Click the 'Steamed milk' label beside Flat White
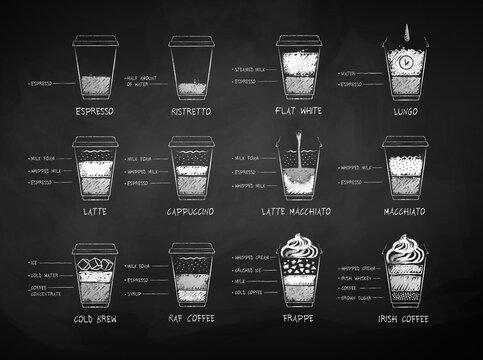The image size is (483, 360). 250,61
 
